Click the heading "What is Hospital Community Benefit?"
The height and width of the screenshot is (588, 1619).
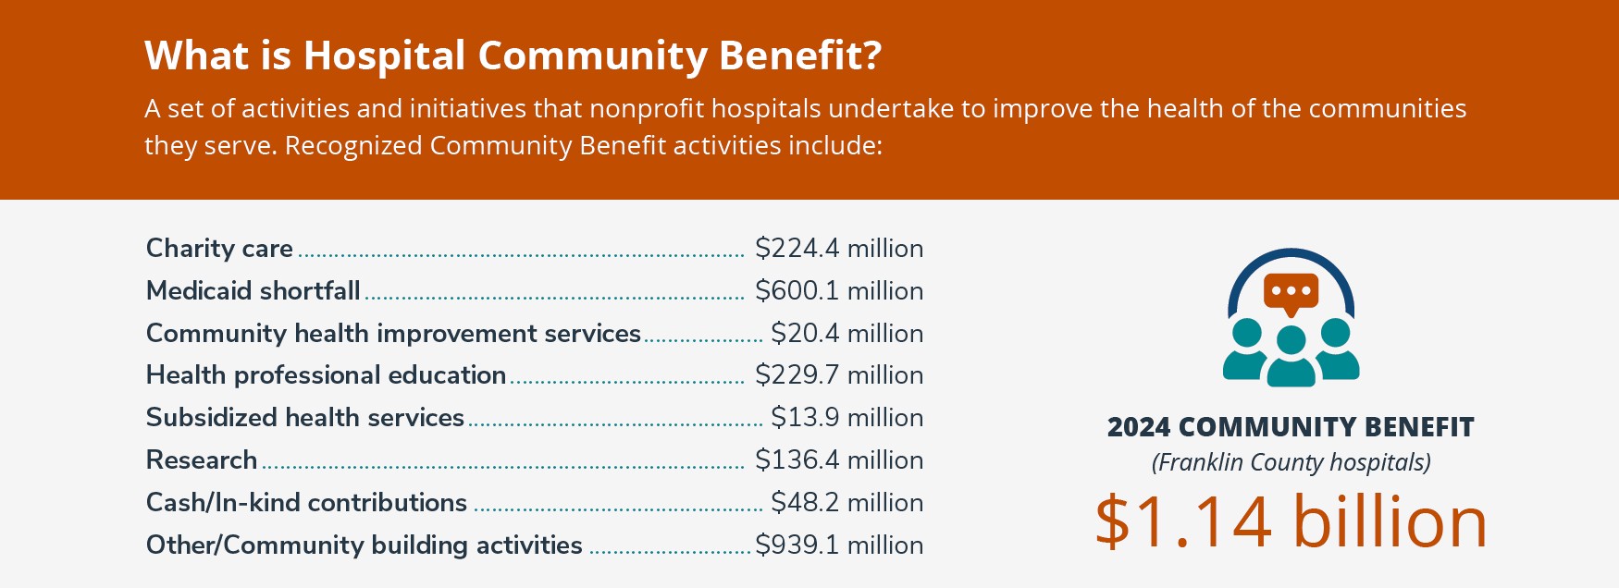[x=513, y=56]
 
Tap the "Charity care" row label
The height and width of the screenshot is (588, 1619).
[x=219, y=249]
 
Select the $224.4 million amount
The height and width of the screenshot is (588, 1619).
[x=839, y=249]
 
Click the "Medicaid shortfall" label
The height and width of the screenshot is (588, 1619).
[x=253, y=291]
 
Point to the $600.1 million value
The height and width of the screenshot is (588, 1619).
[x=839, y=291]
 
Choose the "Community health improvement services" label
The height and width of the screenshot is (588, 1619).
[x=393, y=334]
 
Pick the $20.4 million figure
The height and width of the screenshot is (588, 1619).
[x=847, y=334]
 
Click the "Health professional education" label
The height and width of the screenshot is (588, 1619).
[x=326, y=375]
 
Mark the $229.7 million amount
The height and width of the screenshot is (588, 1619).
[x=839, y=375]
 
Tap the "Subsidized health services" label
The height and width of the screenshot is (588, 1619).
[x=304, y=418]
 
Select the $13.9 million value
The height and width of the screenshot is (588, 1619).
[x=847, y=418]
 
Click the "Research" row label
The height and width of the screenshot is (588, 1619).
[x=202, y=460]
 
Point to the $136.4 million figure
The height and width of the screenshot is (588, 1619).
[x=839, y=460]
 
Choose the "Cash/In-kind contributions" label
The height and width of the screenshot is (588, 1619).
[x=306, y=503]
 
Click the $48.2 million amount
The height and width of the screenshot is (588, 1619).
[x=847, y=503]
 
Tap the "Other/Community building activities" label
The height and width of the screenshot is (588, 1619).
[x=364, y=545]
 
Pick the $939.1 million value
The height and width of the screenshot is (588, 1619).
[x=839, y=545]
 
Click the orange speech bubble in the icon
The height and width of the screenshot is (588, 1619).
[x=1291, y=293]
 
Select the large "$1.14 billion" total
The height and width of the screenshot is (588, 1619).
[x=1291, y=521]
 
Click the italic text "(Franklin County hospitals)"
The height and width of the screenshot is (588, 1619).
[x=1291, y=462]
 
